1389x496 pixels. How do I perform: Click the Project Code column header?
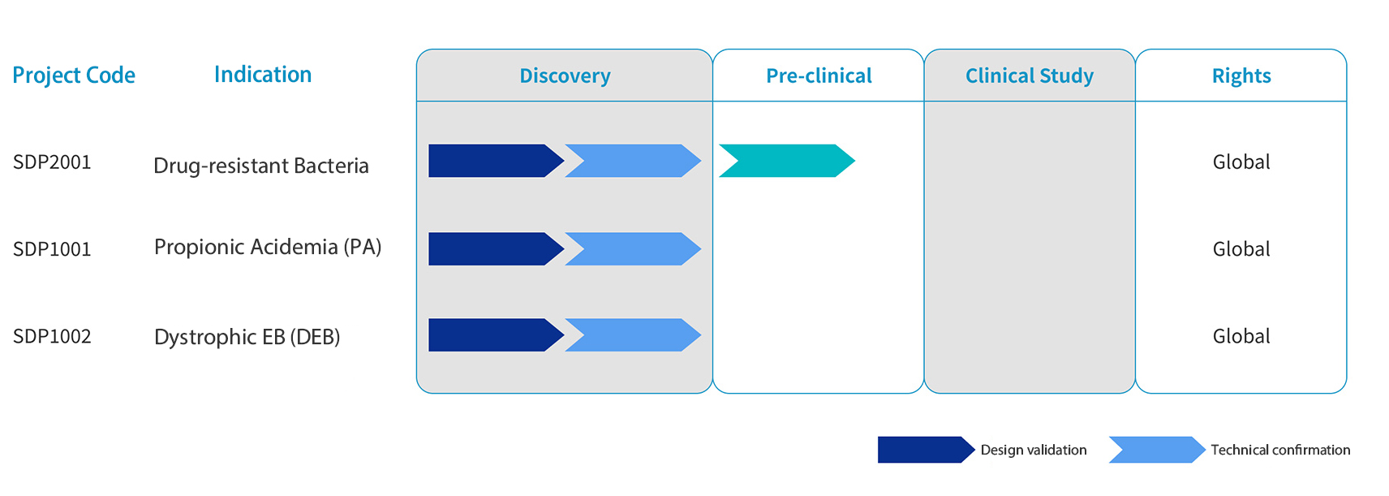(x=74, y=75)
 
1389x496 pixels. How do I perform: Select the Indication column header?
(x=263, y=75)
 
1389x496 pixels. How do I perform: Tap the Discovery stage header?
(x=565, y=75)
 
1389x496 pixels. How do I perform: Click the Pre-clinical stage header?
(x=819, y=75)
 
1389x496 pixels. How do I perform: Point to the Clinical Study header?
(x=1030, y=75)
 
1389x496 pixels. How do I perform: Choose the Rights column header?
(x=1241, y=75)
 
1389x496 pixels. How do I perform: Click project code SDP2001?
(x=52, y=162)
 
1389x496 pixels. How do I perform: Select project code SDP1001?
(x=52, y=249)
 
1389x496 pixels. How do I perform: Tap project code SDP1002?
(x=52, y=336)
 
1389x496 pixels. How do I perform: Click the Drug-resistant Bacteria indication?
(x=261, y=166)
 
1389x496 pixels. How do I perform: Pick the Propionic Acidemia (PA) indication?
(x=268, y=247)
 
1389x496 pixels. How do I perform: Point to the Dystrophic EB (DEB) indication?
(x=247, y=336)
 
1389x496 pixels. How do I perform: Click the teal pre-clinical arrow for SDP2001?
(x=787, y=161)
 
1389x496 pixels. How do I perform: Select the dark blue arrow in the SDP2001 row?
(x=496, y=161)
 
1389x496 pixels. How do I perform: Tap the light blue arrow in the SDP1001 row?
(x=633, y=249)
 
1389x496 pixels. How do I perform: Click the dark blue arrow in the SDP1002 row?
(x=496, y=335)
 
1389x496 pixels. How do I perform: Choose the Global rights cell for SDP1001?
(x=1241, y=249)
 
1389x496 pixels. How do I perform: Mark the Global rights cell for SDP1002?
(x=1241, y=336)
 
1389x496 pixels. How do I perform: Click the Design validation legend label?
(x=1034, y=450)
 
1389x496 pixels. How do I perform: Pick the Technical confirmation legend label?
(x=1280, y=450)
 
